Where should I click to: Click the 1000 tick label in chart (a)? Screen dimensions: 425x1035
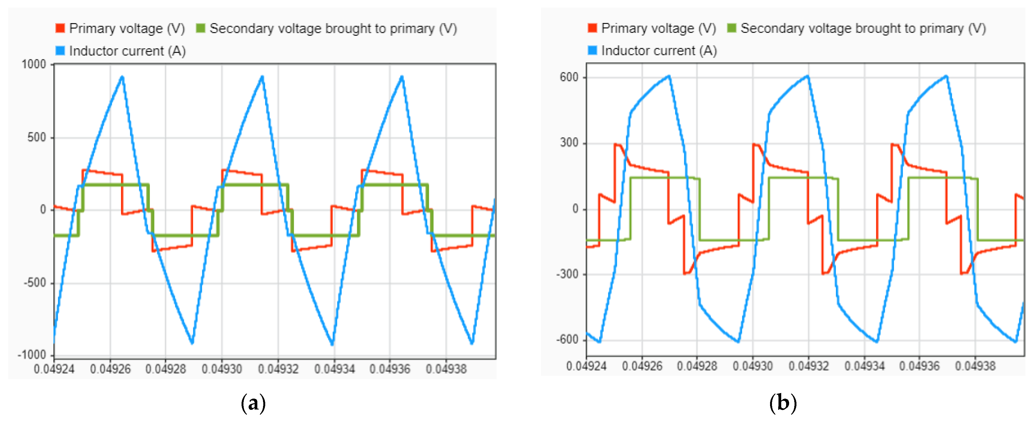34,64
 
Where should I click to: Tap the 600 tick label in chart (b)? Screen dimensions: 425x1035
569,77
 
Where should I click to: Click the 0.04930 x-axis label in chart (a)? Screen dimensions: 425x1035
222,369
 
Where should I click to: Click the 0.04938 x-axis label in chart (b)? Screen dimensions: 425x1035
975,366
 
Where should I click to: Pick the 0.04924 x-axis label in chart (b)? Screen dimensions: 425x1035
586,366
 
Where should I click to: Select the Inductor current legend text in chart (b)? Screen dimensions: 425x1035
659,51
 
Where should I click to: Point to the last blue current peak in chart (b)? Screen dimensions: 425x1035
947,76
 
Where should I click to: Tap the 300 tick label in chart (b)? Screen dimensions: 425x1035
569,142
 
